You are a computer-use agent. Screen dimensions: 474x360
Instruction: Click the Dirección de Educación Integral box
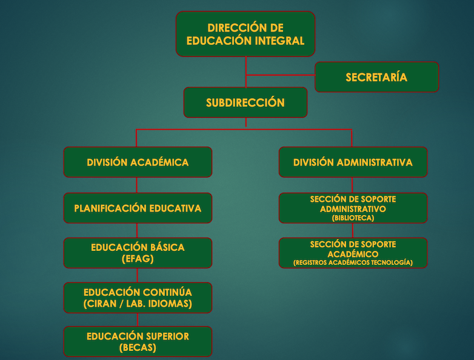245,34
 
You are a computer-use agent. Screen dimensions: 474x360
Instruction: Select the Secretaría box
376,77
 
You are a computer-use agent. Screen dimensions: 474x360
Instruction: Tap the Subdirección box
245,102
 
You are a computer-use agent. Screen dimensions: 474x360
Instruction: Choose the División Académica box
138,162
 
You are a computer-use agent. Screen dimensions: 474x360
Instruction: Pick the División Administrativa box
353,162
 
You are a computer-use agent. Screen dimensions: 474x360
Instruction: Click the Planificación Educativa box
138,208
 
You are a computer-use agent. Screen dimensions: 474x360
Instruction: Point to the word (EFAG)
138,259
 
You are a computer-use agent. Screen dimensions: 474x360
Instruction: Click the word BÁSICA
167,247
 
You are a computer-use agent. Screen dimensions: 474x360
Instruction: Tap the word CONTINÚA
167,292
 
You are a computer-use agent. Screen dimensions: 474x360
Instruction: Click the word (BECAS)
138,348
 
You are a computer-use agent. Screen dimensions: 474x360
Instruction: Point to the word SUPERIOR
167,336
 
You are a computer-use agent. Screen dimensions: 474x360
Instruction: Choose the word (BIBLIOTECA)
353,218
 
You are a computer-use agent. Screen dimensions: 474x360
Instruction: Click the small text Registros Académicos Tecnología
353,262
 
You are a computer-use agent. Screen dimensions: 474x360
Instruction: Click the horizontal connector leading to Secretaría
281,75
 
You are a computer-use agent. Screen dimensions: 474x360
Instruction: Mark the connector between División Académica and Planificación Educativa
136,185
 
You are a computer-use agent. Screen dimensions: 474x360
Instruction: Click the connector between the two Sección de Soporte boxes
353,231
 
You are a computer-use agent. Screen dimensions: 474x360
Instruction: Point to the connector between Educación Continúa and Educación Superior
138,320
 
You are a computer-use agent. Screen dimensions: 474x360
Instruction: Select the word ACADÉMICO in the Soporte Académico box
353,254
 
